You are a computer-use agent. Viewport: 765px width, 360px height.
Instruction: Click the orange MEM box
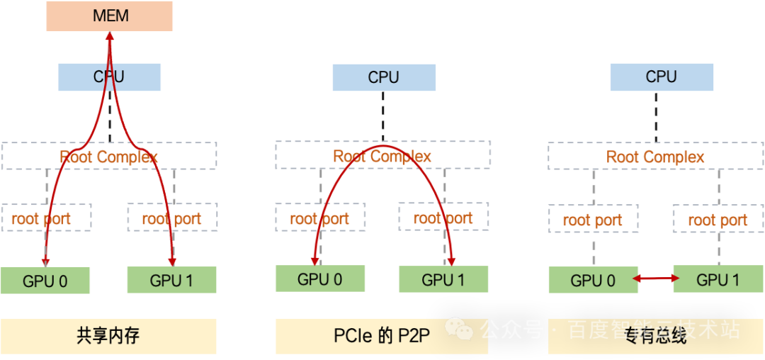pyautogui.click(x=110, y=16)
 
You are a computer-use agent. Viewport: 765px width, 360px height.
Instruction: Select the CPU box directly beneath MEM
pyautogui.click(x=109, y=77)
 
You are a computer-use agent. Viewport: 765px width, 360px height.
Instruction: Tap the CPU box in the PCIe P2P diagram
pyautogui.click(x=383, y=77)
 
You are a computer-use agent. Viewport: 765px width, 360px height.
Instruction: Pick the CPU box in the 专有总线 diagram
pyautogui.click(x=661, y=77)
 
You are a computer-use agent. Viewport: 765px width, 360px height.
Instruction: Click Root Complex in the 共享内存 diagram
pyautogui.click(x=109, y=156)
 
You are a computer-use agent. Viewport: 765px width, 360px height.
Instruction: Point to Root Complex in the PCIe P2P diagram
pyautogui.click(x=382, y=156)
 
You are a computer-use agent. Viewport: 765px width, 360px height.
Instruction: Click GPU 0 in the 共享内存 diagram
pyautogui.click(x=45, y=281)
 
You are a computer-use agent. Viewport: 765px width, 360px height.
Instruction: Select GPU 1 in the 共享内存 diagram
pyautogui.click(x=171, y=281)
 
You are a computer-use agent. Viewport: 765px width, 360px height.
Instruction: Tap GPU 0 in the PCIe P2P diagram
pyautogui.click(x=320, y=279)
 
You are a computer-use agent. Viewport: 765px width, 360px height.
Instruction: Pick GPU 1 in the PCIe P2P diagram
pyautogui.click(x=443, y=279)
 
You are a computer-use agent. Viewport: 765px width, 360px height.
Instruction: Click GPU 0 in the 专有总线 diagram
pyautogui.click(x=594, y=281)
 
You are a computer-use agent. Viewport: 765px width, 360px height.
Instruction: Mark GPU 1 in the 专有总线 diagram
pyautogui.click(x=718, y=279)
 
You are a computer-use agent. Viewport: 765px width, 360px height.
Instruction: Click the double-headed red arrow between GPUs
pyautogui.click(x=652, y=280)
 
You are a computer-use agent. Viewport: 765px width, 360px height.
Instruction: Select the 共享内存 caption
pyautogui.click(x=108, y=336)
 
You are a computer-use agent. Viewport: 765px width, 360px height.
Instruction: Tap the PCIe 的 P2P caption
pyautogui.click(x=382, y=336)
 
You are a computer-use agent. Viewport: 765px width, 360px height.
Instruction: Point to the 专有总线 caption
pyautogui.click(x=655, y=336)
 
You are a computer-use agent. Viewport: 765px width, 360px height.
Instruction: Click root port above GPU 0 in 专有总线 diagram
pyautogui.click(x=593, y=220)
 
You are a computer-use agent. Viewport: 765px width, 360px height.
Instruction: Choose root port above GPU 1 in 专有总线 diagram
pyautogui.click(x=718, y=220)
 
